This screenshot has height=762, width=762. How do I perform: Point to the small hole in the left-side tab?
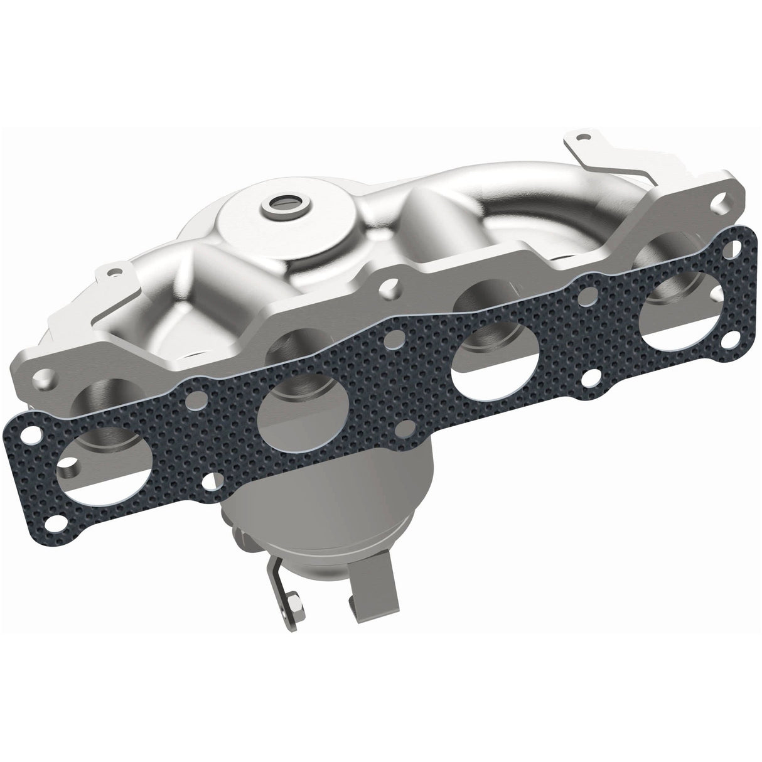click(114, 273)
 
